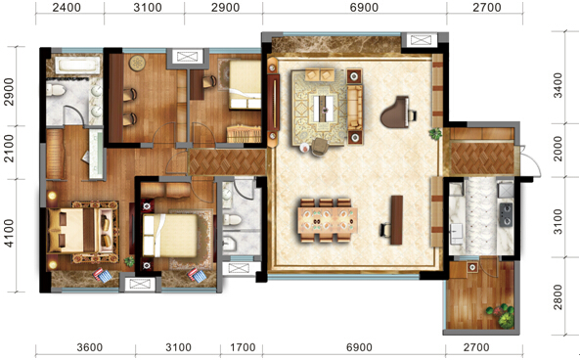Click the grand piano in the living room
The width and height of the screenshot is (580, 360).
[396, 112]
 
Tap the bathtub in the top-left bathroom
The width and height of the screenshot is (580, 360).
[77, 66]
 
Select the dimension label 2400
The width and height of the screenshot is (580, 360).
[67, 8]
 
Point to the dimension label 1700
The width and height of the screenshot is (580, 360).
[243, 347]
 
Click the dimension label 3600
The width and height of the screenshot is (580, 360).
[90, 347]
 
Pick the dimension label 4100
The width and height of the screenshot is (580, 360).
[9, 233]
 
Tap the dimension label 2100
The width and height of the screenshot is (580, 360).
[9, 149]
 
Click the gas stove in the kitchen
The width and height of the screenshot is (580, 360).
[506, 214]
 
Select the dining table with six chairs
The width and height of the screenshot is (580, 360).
[327, 220]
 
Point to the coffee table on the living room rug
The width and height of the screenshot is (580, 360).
[325, 108]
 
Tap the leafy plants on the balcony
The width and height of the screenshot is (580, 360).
[502, 315]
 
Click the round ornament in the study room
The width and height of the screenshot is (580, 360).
[138, 63]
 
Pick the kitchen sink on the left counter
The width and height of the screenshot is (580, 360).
[456, 234]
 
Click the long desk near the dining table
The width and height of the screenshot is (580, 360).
[396, 220]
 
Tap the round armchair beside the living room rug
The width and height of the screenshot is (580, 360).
[320, 147]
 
